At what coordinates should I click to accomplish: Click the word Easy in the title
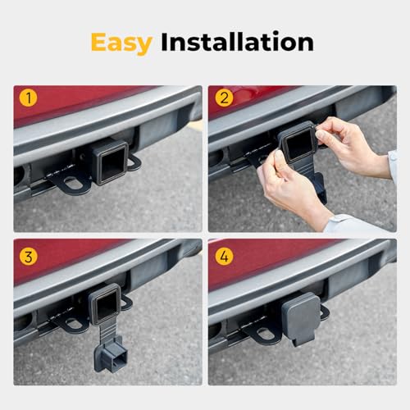121,43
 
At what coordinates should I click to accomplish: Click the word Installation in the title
235,43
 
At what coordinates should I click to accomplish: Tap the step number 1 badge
30,100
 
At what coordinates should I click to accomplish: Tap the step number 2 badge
224,100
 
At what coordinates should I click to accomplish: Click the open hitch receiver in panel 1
109,162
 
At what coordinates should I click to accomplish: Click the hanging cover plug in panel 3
109,352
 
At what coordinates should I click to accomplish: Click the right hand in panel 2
350,143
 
